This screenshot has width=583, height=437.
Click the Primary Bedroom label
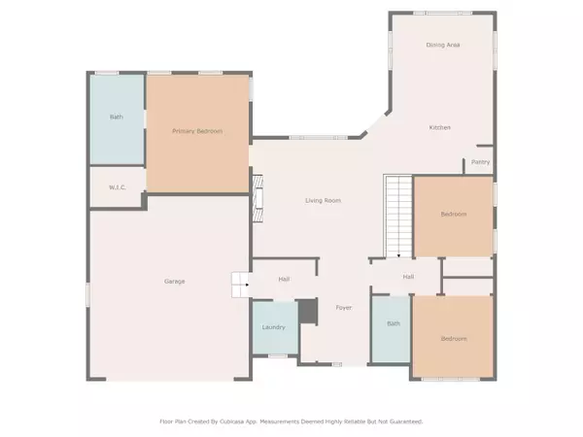(x=198, y=130)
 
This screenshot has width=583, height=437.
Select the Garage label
(x=174, y=282)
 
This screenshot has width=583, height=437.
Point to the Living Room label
(x=323, y=200)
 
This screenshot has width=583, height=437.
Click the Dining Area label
(x=442, y=46)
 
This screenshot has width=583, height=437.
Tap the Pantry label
(x=480, y=162)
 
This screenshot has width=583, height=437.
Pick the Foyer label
(x=344, y=308)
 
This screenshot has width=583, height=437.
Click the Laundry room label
(x=274, y=327)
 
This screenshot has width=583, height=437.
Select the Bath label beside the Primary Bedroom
(x=116, y=118)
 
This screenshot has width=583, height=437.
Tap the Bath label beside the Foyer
(x=394, y=324)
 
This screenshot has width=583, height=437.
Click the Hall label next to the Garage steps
(x=284, y=280)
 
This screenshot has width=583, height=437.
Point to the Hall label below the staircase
(x=410, y=278)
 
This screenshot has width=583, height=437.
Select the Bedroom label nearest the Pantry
(x=453, y=215)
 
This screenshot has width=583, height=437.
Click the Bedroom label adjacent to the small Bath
(x=453, y=339)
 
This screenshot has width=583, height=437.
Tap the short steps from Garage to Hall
(x=240, y=285)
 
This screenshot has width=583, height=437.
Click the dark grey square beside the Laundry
(x=307, y=312)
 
